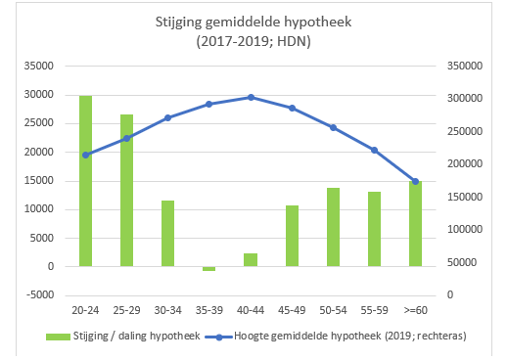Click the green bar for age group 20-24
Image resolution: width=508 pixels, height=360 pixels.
click(85, 181)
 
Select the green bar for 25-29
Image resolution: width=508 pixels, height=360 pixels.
click(126, 191)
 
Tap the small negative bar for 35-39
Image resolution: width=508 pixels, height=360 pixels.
click(208, 269)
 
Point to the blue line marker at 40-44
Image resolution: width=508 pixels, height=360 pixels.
click(251, 97)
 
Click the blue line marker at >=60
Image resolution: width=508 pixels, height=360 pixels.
click(416, 181)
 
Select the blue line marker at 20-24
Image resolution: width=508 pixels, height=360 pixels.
click(85, 155)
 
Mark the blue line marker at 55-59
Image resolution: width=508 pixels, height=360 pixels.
click(374, 150)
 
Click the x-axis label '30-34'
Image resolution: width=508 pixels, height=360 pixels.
click(167, 310)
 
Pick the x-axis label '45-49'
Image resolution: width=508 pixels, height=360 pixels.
click(292, 310)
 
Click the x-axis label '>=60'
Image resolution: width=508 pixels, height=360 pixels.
click(416, 310)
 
